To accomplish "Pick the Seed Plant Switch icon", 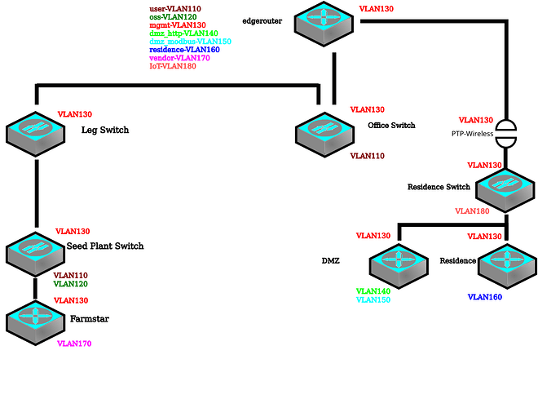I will pos(36,250).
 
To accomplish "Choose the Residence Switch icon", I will pos(505,188).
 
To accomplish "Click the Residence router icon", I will pos(507,263).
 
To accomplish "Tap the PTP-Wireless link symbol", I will pos(505,134).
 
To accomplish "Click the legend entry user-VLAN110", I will pos(174,8).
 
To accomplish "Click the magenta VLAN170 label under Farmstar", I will pos(74,344).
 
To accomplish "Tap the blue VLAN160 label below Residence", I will pos(485,298).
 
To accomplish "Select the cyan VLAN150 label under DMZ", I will pos(373,300).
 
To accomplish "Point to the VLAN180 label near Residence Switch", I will pos(472,211).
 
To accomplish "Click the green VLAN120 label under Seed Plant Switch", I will pos(70,284).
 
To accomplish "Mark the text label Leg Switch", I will pos(105,130).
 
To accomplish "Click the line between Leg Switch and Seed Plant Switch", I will pos(37,192).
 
